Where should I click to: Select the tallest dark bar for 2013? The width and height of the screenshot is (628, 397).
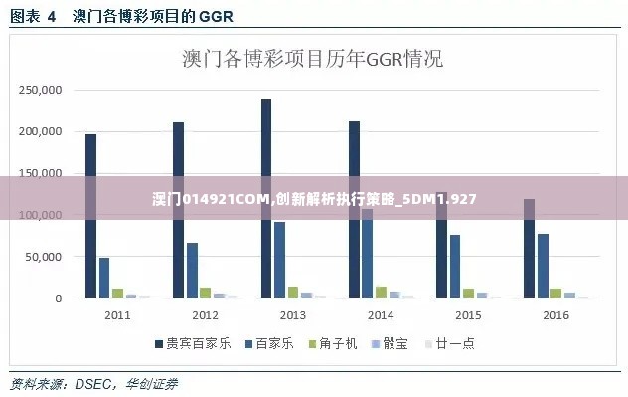(x=266, y=199)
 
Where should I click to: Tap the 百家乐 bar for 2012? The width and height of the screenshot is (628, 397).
(x=193, y=270)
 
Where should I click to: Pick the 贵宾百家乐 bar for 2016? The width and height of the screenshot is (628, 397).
(x=529, y=249)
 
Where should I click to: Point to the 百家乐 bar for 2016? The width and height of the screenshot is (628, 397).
(x=543, y=266)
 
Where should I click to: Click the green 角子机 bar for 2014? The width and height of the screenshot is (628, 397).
(x=381, y=292)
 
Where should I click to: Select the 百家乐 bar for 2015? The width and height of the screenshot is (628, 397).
(x=455, y=266)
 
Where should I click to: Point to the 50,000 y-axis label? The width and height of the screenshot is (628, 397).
(x=45, y=257)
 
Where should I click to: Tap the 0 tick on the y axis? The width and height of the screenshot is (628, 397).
(x=60, y=298)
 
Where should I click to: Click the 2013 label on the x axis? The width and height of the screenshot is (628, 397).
(x=292, y=315)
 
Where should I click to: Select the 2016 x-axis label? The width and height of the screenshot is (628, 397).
(x=555, y=315)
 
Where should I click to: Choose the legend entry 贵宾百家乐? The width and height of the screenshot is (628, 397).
(x=193, y=343)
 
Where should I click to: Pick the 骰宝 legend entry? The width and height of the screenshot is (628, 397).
(x=391, y=343)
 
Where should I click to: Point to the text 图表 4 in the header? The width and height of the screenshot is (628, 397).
(x=33, y=16)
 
